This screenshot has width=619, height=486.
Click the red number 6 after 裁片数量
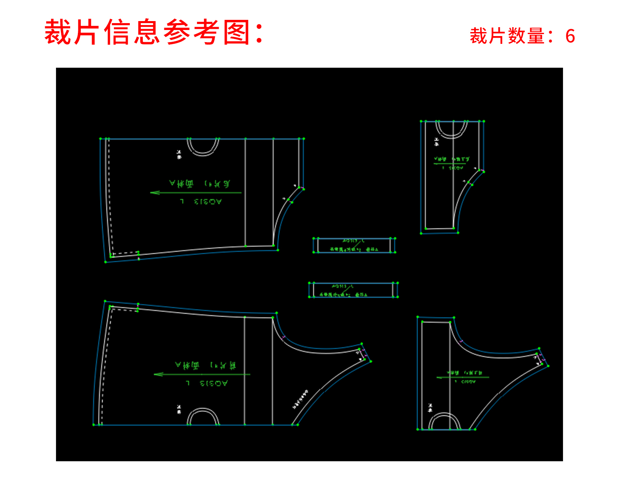click(570, 36)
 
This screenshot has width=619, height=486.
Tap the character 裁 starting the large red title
click(58, 32)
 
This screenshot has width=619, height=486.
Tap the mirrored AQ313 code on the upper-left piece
click(208, 201)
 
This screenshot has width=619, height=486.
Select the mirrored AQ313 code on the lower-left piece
click(213, 383)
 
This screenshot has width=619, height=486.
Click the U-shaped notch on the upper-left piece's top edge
click(203, 147)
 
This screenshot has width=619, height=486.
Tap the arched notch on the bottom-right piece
click(445, 422)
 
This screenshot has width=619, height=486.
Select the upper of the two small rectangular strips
click(354, 245)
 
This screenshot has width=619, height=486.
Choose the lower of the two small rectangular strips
click(353, 290)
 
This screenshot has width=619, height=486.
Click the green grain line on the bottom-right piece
click(462, 377)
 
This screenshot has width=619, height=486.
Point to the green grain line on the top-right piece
click(449, 164)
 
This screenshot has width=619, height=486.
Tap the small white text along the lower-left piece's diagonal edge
click(300, 400)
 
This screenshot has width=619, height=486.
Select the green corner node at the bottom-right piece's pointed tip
click(548, 366)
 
